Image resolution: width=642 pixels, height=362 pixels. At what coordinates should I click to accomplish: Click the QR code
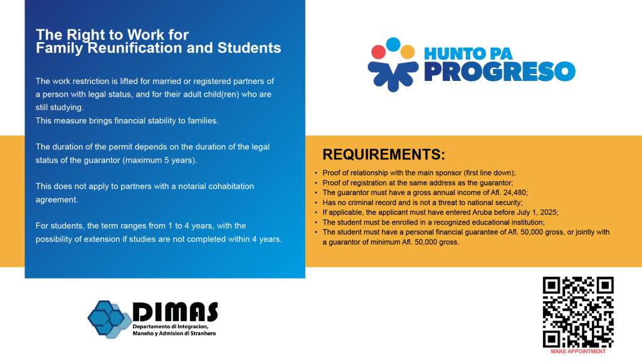(578, 312)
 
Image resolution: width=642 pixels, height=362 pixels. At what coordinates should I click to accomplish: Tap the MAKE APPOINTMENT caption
(578, 351)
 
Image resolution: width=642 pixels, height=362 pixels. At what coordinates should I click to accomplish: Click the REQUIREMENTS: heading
(384, 154)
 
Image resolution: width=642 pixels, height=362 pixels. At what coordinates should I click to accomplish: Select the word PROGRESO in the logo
(500, 72)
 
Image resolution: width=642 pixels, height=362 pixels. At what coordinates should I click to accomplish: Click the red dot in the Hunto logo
(378, 53)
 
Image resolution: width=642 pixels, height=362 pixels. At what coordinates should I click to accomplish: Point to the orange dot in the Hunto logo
(408, 52)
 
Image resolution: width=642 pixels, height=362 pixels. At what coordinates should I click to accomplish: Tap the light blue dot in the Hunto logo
(393, 44)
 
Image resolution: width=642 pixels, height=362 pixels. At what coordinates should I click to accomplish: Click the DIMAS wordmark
(176, 312)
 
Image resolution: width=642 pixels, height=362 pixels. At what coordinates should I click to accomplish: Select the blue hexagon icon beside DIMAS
(108, 319)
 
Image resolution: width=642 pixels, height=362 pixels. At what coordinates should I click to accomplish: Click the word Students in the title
(250, 48)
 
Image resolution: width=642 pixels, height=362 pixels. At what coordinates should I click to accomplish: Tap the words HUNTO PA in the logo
(468, 54)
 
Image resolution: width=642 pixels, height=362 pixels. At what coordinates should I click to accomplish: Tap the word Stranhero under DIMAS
(203, 333)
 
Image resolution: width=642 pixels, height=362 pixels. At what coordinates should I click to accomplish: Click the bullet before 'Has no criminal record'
(316, 203)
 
